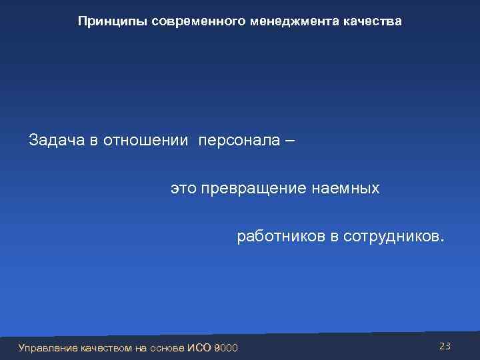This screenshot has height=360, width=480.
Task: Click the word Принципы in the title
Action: tap(112, 21)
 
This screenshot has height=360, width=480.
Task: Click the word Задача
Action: tap(55, 141)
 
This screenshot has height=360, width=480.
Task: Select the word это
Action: tap(184, 189)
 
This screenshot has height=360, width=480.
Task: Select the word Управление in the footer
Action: tap(48, 347)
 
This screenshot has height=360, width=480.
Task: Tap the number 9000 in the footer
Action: tap(226, 347)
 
